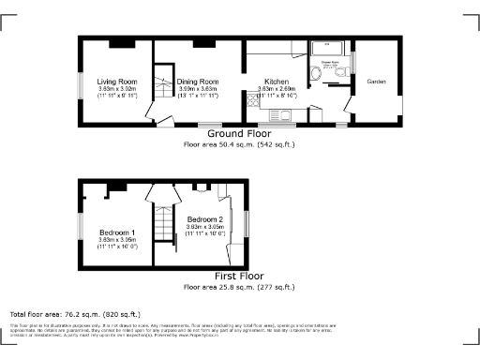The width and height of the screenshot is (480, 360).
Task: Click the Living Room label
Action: pos(116,82)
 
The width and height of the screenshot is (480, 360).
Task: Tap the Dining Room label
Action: pos(198,82)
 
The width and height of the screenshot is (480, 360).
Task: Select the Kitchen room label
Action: pos(277,82)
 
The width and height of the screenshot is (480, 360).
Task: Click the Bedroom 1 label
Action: pos(117,232)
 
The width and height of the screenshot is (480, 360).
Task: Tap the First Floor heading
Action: pos(239,277)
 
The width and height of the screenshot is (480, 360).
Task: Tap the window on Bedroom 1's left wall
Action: pos(79,230)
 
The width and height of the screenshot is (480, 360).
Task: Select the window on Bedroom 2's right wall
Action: pos(247,225)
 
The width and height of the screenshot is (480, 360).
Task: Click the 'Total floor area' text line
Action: pos(75,314)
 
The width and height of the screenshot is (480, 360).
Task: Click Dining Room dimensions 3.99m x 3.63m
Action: pos(198,89)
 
